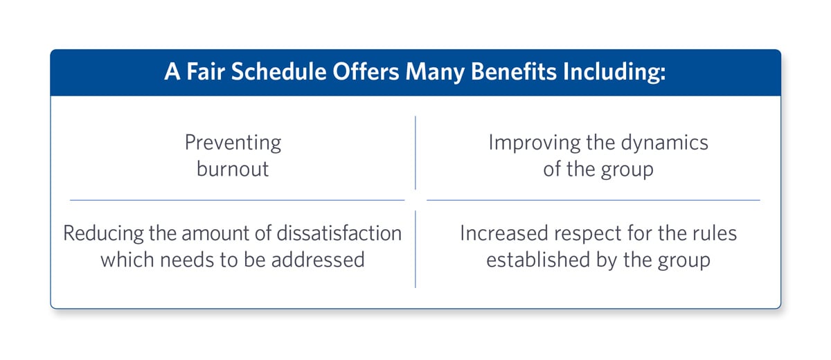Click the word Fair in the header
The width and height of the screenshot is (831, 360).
206,71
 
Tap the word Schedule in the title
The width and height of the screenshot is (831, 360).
278,71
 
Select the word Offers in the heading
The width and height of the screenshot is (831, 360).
366,71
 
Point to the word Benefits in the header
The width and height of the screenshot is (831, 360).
513,71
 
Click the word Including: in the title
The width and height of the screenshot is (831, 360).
614,72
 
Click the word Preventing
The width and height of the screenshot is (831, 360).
233,143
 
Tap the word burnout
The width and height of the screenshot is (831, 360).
233,169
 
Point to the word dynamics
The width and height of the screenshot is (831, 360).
664,143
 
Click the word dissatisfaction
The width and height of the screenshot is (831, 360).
339,233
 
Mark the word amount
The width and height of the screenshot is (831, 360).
215,234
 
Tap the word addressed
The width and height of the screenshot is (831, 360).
318,260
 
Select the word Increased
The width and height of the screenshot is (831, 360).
504,233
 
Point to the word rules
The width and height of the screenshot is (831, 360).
716,233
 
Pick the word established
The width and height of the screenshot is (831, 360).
538,260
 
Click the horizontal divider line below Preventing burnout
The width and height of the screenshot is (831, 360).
237,200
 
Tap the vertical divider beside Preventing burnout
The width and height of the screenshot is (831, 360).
415,153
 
